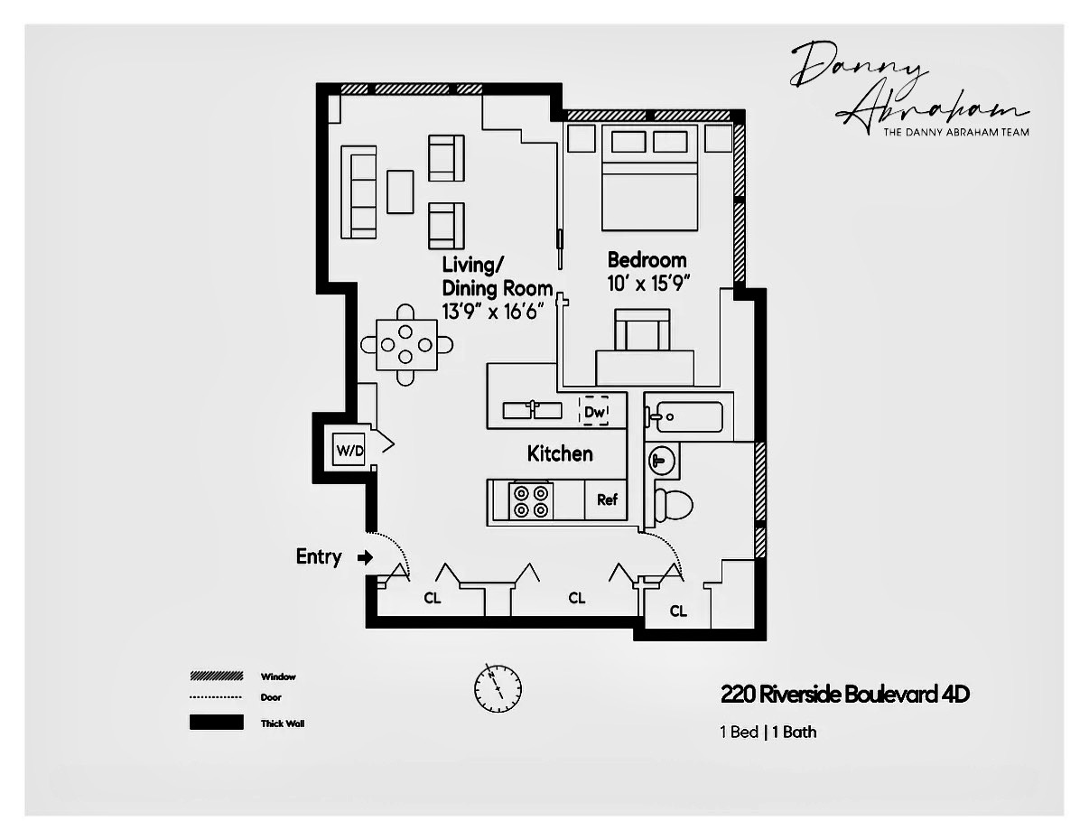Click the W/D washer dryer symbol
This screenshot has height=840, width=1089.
point(349,450)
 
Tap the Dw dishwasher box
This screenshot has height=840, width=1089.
point(593,411)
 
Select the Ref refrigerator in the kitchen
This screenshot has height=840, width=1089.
point(606,499)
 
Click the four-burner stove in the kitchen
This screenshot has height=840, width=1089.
point(531,500)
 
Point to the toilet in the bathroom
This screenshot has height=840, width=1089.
point(670,504)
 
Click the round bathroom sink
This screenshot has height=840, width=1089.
point(661,462)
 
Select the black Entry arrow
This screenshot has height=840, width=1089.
point(365,557)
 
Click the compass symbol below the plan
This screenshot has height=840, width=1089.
point(498,687)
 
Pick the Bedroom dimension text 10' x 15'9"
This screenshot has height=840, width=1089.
point(648,283)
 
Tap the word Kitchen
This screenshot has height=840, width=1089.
point(560,453)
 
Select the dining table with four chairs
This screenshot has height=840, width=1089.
point(406,344)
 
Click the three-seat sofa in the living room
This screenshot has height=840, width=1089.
point(358,191)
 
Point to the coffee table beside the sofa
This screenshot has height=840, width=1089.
point(400,191)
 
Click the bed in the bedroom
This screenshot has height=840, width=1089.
point(649,181)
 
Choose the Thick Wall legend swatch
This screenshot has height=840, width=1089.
point(217,723)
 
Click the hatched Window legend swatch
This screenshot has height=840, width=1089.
point(217,676)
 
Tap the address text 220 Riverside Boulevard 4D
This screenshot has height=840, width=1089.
point(844,695)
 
